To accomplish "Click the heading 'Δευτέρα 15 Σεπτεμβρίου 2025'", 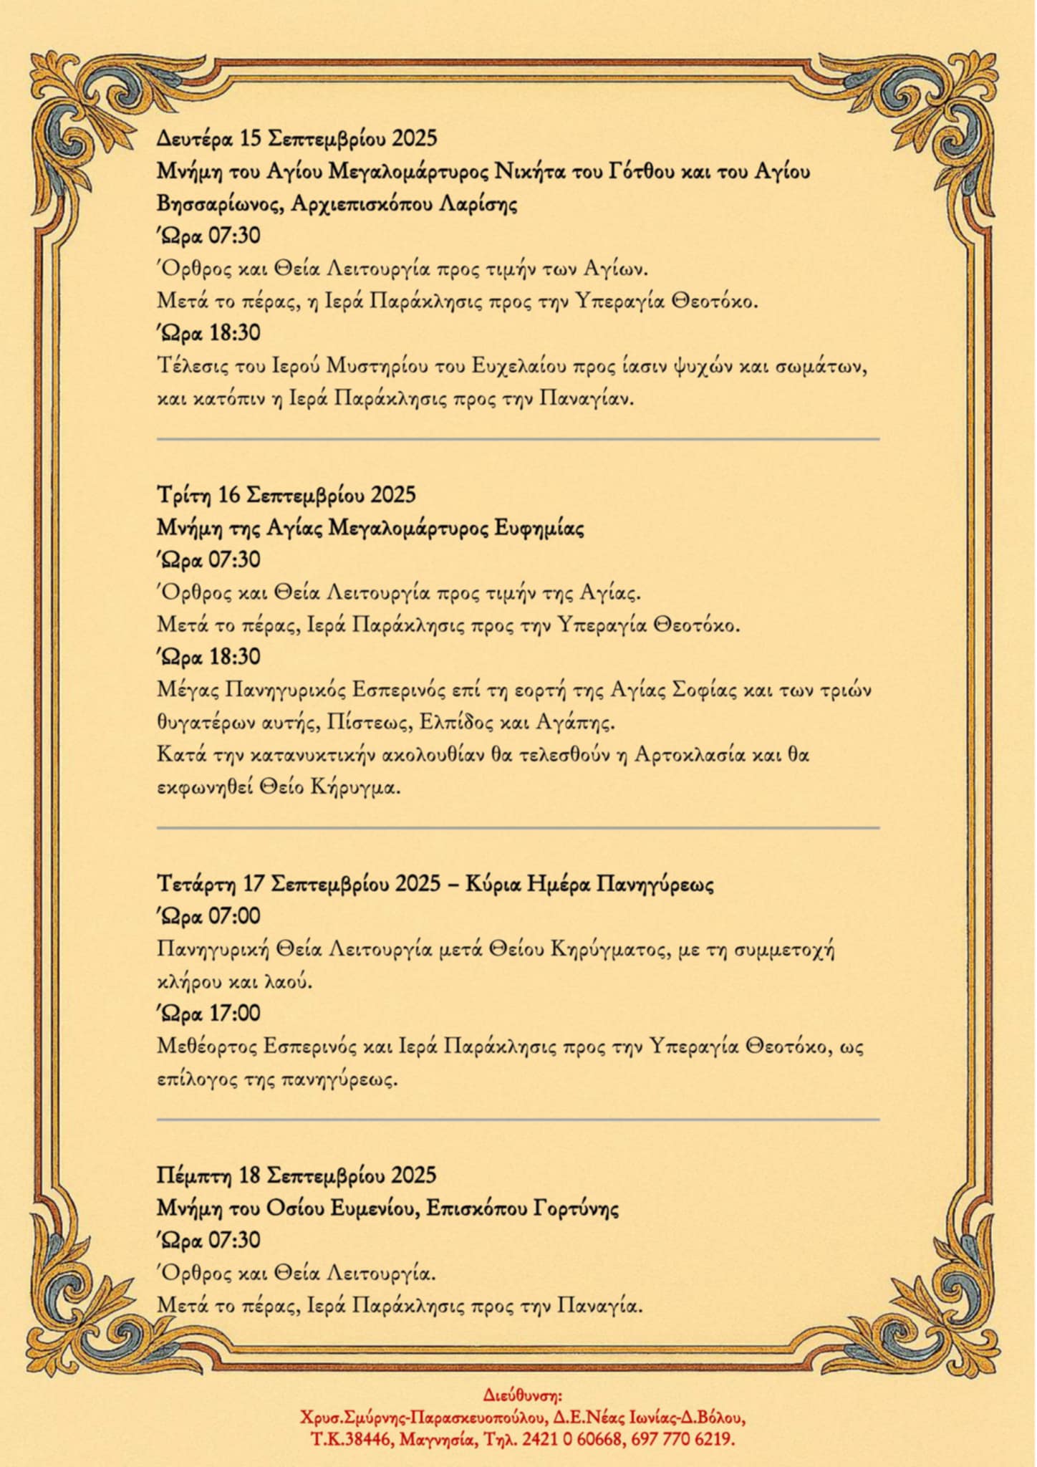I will coord(296,138).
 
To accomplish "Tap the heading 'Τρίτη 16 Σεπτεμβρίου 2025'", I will coord(286,495).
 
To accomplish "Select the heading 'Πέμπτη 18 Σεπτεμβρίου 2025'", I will coord(296,1175).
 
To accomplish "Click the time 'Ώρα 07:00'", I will coord(208,916).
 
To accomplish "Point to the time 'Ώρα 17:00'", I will coord(208,1013).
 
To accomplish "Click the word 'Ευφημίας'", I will coord(539,529).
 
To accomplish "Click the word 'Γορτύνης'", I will coord(576,1208).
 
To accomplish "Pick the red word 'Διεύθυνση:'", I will coord(523,1395).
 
